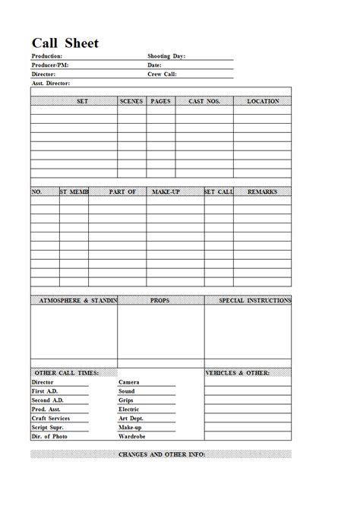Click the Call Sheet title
(x=65, y=43)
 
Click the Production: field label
(x=47, y=56)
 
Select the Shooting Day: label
(x=166, y=56)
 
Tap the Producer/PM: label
(x=50, y=65)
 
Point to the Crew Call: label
(x=162, y=74)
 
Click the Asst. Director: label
(x=51, y=84)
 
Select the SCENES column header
(x=131, y=101)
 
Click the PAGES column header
(x=160, y=101)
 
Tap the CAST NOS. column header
(x=204, y=101)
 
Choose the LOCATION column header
(x=263, y=101)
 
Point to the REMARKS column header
(x=262, y=192)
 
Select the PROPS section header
(x=160, y=301)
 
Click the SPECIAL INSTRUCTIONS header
(x=254, y=301)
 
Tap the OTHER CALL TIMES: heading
(x=67, y=373)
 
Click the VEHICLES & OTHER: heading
(x=238, y=373)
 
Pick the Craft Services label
(x=51, y=419)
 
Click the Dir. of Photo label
(x=49, y=437)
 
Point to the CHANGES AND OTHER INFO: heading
(x=162, y=454)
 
